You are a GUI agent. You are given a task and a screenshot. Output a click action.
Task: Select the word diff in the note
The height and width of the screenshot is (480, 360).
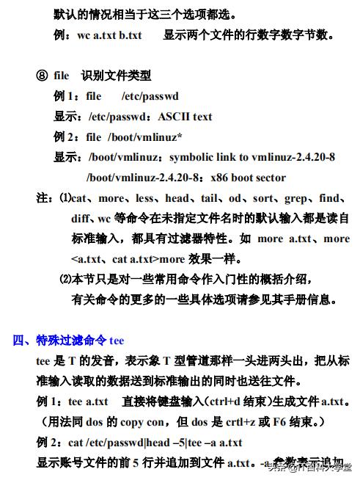click(81, 219)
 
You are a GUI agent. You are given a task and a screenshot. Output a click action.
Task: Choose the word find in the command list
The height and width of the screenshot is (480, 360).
click(329, 198)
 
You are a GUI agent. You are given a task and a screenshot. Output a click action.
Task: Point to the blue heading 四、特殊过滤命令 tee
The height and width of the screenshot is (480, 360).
click(69, 341)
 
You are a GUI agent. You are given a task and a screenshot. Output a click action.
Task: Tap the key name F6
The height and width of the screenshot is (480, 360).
click(282, 422)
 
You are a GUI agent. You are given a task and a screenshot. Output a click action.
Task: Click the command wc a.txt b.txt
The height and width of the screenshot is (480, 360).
click(109, 34)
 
